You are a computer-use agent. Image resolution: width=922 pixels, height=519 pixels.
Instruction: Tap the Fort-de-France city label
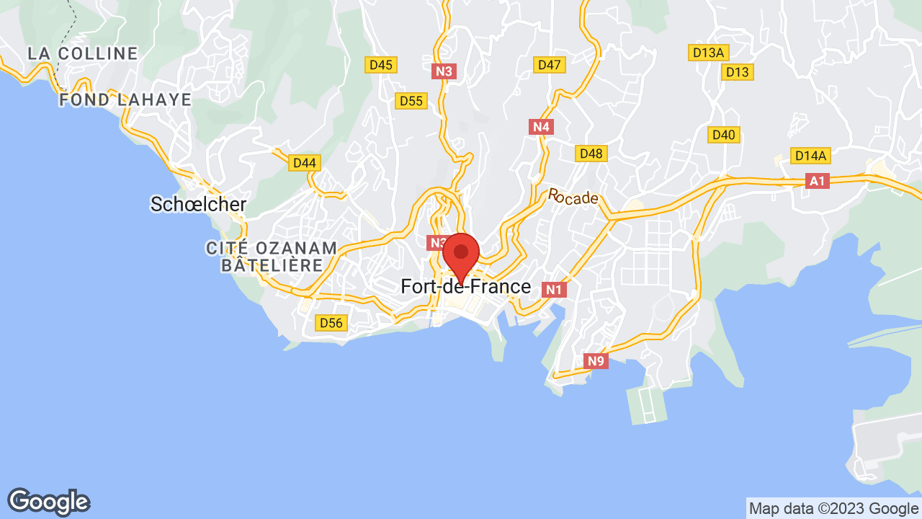pyautogui.click(x=465, y=287)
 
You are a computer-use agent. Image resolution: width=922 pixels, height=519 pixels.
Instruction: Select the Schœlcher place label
pyautogui.click(x=198, y=204)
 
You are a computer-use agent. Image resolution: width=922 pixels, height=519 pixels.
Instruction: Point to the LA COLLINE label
pyautogui.click(x=83, y=53)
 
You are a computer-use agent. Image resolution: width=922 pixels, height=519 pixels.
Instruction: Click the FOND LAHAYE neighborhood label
pyautogui.click(x=125, y=99)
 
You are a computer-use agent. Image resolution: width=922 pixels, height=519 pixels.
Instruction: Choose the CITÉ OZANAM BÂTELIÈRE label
pyautogui.click(x=272, y=257)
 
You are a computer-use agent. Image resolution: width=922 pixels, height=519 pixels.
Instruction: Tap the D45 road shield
pyautogui.click(x=380, y=65)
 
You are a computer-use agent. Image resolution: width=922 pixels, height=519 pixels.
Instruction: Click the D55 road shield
pyautogui.click(x=411, y=101)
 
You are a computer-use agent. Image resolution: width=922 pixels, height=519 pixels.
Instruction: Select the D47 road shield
pyautogui.click(x=549, y=65)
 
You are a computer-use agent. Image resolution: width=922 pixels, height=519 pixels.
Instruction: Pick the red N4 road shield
pyautogui.click(x=541, y=128)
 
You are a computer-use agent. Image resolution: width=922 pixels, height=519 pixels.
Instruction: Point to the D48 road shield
pyautogui.click(x=591, y=154)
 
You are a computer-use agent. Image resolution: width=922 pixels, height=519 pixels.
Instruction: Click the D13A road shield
pyautogui.click(x=708, y=53)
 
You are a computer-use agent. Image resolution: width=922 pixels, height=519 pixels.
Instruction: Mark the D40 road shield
pyautogui.click(x=723, y=135)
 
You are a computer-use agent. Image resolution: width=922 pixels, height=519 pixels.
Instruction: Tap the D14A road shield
pyautogui.click(x=810, y=156)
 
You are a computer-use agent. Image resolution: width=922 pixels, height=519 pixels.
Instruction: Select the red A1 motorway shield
pyautogui.click(x=817, y=181)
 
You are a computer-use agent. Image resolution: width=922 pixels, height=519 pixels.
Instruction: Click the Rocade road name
pyautogui.click(x=573, y=196)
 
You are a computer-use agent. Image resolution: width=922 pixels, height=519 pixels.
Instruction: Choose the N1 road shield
pyautogui.click(x=553, y=290)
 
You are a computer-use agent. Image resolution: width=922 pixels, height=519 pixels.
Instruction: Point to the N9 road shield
pyautogui.click(x=595, y=361)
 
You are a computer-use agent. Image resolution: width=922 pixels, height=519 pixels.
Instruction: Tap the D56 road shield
pyautogui.click(x=331, y=323)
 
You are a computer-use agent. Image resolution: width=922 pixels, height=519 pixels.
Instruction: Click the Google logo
pyautogui.click(x=48, y=502)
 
